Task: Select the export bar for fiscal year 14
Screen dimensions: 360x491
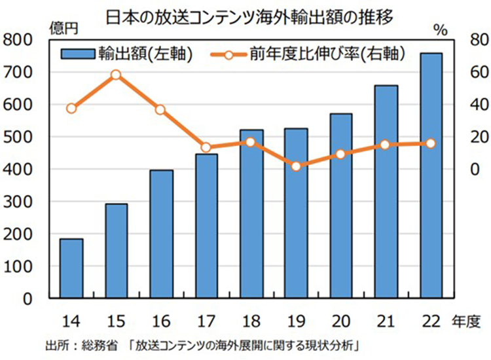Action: (71, 268)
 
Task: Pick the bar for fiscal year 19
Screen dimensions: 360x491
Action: (296, 213)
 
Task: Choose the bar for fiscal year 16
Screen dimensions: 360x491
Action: (161, 234)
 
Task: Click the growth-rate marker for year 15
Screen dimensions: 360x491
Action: (116, 75)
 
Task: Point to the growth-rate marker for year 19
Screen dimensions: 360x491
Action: (296, 166)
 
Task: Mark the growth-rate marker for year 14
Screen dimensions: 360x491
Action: (71, 109)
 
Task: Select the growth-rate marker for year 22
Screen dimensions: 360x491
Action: (431, 143)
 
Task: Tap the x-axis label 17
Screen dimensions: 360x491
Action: (206, 320)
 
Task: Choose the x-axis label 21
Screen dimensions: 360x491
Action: (386, 320)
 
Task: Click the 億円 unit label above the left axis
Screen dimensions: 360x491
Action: (63, 28)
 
